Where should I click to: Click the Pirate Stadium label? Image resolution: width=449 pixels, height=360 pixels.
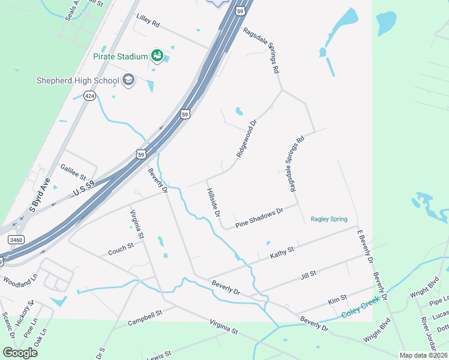coord(120,56)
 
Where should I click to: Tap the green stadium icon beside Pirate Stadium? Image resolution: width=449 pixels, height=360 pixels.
coord(157,56)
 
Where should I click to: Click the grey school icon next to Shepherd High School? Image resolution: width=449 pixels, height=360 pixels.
coord(128,80)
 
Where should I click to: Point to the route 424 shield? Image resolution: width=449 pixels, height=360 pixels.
coord(89,97)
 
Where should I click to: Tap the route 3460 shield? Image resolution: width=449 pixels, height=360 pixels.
coord(16,240)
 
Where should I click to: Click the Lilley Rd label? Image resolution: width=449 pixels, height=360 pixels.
coord(148,24)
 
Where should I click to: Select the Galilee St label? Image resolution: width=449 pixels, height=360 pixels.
coord(73,171)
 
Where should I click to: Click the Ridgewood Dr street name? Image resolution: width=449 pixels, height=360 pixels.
coord(246,139)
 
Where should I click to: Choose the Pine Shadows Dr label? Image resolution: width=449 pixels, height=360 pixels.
coord(259,218)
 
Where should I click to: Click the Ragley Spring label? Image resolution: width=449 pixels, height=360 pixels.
coord(329,219)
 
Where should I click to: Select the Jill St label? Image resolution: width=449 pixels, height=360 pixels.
coord(308,276)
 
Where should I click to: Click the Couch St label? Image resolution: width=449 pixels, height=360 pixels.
coord(121,248)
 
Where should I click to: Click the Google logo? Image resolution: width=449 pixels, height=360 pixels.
coord(20,352)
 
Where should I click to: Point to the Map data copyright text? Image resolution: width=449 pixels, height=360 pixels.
coord(423,355)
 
